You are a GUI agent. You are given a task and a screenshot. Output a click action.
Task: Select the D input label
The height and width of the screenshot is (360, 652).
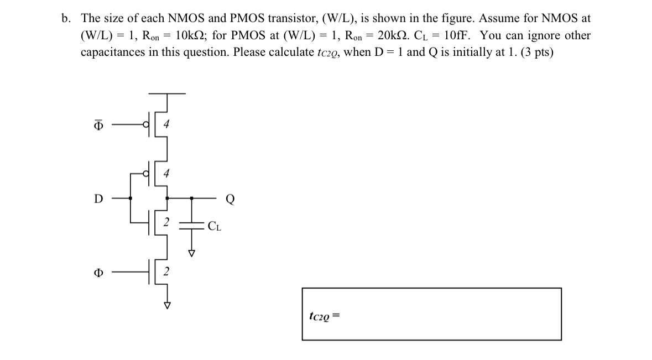(98, 199)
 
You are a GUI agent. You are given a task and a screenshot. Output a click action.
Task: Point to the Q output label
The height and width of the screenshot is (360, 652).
(230, 200)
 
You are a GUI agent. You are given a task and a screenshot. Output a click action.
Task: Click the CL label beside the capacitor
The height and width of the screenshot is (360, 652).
(215, 226)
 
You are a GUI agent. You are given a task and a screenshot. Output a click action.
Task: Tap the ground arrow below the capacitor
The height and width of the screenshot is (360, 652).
(192, 253)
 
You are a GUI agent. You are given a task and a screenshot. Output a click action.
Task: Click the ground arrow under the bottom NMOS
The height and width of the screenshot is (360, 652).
(167, 305)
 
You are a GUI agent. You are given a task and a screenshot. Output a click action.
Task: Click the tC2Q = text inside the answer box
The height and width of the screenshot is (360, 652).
(324, 316)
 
